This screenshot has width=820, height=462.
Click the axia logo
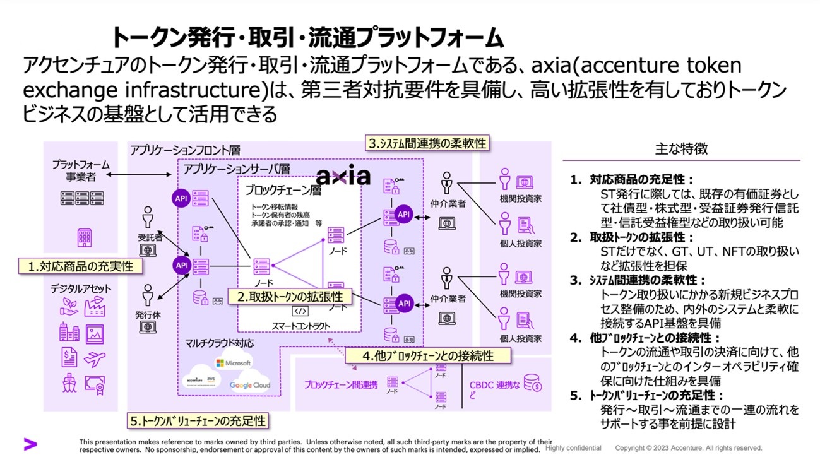point(343,175)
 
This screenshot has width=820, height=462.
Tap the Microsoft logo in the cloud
point(234,363)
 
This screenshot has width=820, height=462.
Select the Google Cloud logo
point(249,385)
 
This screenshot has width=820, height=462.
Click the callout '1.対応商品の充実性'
point(80,266)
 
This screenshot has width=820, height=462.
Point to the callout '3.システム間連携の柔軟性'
point(428,143)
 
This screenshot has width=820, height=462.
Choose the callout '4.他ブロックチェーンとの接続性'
point(427,356)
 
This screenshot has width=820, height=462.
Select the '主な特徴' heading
point(682,149)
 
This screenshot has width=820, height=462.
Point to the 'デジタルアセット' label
point(81,289)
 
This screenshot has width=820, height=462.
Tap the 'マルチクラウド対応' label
point(220,344)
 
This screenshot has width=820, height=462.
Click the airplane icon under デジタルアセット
point(95,359)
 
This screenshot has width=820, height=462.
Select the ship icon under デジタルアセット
point(69,382)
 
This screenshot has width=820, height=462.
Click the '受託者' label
point(150,238)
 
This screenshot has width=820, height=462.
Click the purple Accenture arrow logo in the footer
point(30,444)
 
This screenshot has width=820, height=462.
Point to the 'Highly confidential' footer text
point(573,448)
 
